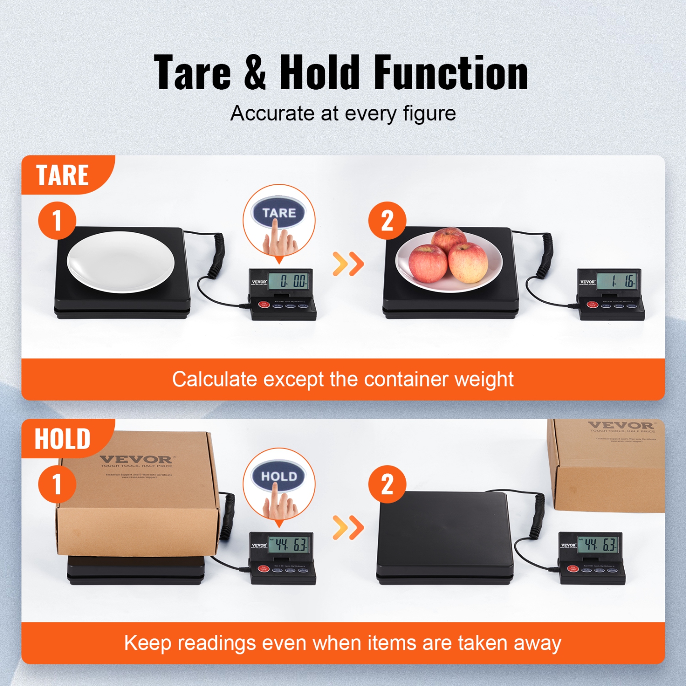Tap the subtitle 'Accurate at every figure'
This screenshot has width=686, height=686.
(x=343, y=113)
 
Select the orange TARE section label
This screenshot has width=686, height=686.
(x=63, y=175)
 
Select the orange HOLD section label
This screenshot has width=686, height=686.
(x=63, y=439)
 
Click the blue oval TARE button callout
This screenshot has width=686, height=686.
(x=279, y=213)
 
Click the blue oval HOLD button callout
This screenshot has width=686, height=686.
(x=279, y=477)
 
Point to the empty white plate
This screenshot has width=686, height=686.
(x=121, y=262)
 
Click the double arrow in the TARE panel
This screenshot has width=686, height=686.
(x=348, y=263)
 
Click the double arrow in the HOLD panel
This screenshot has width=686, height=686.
(x=348, y=527)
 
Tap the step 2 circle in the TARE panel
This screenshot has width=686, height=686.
(x=387, y=220)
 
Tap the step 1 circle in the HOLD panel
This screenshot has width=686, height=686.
(x=57, y=484)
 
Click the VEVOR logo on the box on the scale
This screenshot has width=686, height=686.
(x=136, y=459)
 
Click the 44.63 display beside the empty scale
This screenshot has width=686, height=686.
(x=599, y=544)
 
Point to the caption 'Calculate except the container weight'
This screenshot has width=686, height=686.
(x=343, y=379)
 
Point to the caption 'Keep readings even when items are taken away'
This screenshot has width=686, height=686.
(x=343, y=643)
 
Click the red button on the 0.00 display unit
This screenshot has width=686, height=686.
(x=264, y=305)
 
